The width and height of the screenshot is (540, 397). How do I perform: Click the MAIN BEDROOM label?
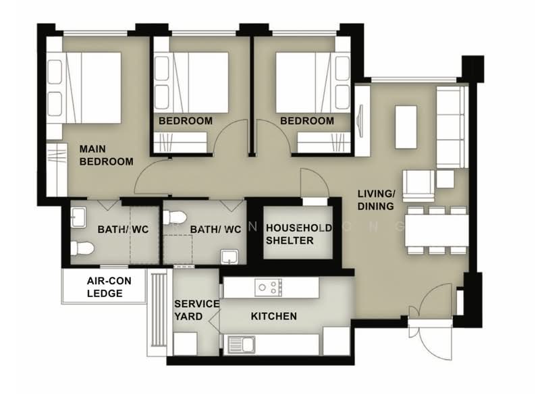[x=106, y=155]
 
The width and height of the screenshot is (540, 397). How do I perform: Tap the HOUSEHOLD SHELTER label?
[x=298, y=234]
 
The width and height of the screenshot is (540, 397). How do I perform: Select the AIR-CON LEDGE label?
[x=109, y=287]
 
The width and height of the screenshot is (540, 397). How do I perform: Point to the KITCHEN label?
[x=274, y=316]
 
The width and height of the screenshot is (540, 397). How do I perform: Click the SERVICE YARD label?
[x=196, y=310]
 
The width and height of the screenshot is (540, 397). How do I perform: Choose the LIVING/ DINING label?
[x=376, y=200]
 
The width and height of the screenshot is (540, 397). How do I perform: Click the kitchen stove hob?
[x=268, y=288]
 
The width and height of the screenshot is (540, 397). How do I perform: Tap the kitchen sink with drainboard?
[x=242, y=345]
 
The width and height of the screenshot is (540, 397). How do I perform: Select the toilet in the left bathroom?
[x=82, y=248]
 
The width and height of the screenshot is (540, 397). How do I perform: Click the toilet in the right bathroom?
[x=175, y=217]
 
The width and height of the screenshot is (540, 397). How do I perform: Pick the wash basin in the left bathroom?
[x=78, y=217]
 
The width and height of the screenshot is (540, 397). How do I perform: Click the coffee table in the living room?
[x=406, y=127]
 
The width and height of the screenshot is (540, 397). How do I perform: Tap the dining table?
[x=436, y=230]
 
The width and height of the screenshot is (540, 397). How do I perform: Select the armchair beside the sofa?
[x=418, y=186]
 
